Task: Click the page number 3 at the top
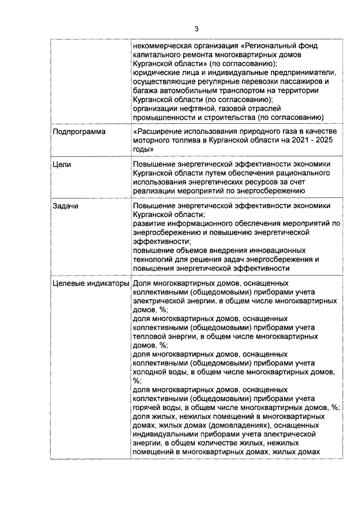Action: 196,29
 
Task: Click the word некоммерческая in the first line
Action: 163,47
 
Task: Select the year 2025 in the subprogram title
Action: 326,141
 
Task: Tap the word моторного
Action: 152,141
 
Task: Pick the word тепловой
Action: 150,336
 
